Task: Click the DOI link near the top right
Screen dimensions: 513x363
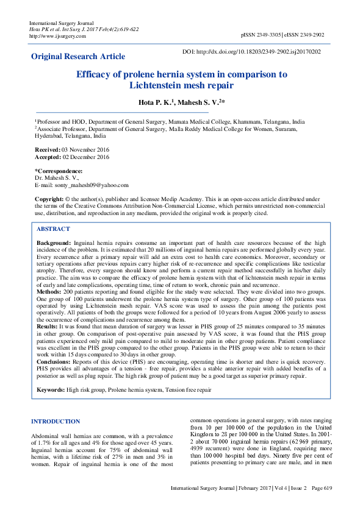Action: pos(252,52)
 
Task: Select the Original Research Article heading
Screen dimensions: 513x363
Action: pos(78,57)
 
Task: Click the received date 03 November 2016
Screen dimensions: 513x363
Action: pos(86,149)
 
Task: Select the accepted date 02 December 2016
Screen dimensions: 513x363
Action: pos(86,157)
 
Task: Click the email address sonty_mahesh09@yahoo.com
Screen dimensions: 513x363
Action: pos(90,185)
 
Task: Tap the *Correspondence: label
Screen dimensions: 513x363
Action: pos(59,171)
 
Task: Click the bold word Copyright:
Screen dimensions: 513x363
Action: pos(49,199)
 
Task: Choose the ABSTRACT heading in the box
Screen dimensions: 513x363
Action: pos(53,229)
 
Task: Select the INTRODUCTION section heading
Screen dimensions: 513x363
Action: pos(56,422)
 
